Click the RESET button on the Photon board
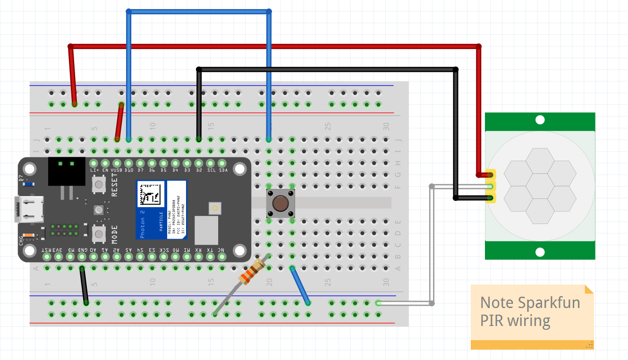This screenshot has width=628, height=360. point(99,184)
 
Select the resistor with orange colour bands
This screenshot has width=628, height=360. point(249,273)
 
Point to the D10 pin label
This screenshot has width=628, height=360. point(128,170)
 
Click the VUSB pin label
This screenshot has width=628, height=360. point(117,170)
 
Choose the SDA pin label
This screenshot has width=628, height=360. point(223,170)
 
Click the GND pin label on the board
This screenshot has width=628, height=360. point(82,250)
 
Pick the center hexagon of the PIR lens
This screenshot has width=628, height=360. point(540,186)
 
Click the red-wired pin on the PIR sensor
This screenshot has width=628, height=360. point(490,174)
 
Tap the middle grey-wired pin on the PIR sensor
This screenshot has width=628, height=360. point(490,186)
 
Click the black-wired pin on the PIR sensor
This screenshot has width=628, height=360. point(490,197)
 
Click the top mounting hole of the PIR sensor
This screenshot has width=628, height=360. point(540,121)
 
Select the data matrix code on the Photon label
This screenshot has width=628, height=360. point(151,194)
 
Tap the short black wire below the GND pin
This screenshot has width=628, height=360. point(84,285)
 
